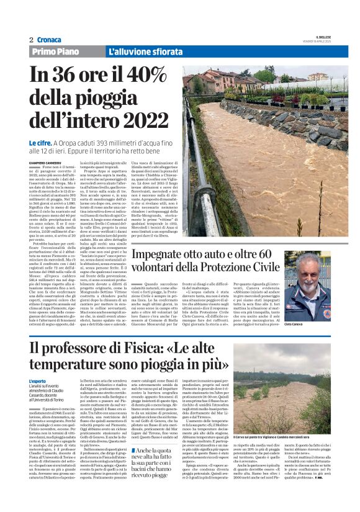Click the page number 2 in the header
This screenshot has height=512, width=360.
point(30,39)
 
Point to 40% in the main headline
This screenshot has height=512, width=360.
point(151,78)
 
